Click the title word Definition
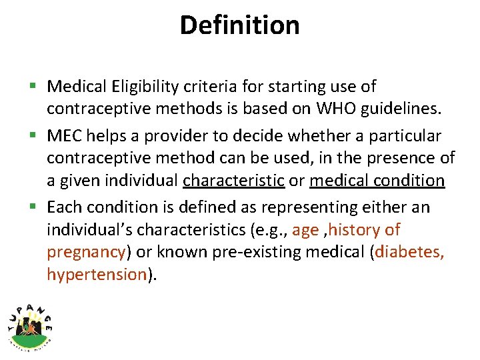click(239, 25)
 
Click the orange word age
click(305, 231)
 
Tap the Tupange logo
click(29, 324)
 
